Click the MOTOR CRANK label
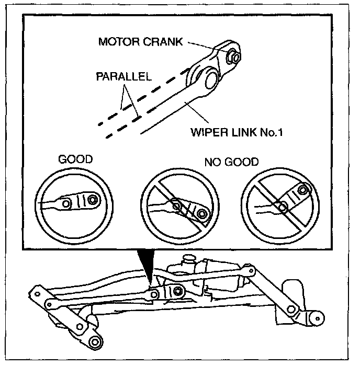(140, 41)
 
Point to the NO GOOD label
(232, 162)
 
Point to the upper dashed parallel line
(141, 94)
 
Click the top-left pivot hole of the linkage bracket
(38, 291)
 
